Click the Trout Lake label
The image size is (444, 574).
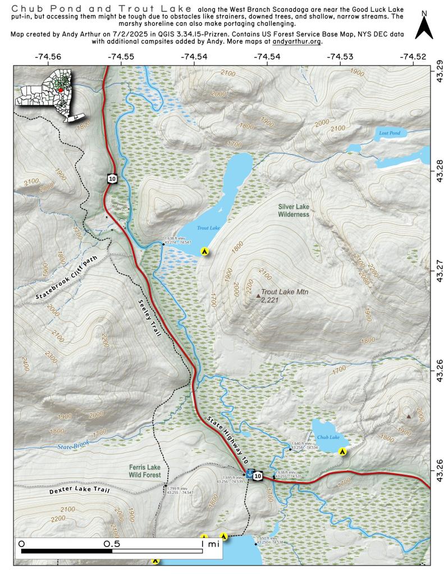point(208,229)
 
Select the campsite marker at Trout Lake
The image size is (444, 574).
point(205,252)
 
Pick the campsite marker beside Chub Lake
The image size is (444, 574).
point(342,451)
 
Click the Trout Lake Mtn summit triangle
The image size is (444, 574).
point(258,295)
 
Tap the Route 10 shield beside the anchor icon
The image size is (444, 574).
point(258,476)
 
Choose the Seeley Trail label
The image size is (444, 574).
point(149,317)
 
